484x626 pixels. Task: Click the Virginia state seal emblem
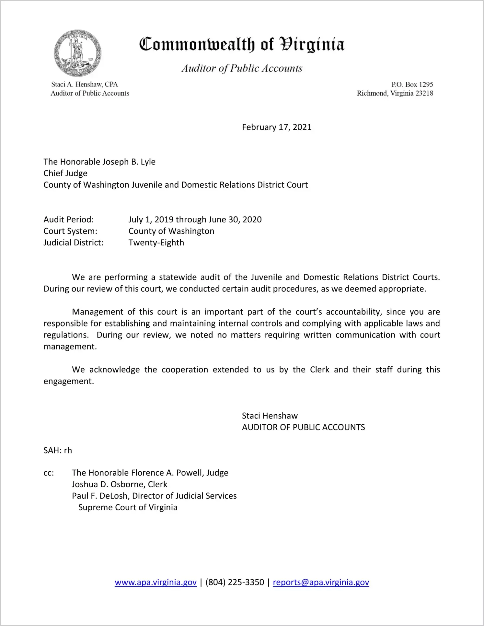coord(77,53)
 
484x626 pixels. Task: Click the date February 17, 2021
coord(276,127)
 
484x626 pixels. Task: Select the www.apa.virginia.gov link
coord(156,582)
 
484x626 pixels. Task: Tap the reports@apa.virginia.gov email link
coord(321,582)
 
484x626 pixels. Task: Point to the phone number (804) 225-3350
coord(235,582)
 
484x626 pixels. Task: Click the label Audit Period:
coord(69,219)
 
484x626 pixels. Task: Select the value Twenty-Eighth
coord(156,242)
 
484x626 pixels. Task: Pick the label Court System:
coord(70,231)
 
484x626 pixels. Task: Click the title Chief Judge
coord(65,173)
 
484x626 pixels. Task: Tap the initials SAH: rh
coord(58,450)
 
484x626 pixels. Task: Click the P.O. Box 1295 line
coord(412,85)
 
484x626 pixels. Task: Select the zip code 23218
coord(424,93)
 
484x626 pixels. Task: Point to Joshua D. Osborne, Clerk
coord(120,484)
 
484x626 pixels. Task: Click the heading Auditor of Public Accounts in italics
coord(242,68)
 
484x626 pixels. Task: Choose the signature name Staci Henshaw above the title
coord(270,416)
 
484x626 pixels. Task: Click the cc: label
coord(49,473)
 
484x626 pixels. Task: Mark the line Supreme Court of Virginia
coord(128,507)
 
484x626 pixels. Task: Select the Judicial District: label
coord(74,242)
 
